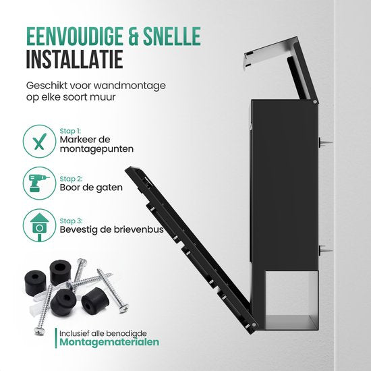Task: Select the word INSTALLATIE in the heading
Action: (x=74, y=59)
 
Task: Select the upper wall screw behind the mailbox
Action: (x=325, y=143)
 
